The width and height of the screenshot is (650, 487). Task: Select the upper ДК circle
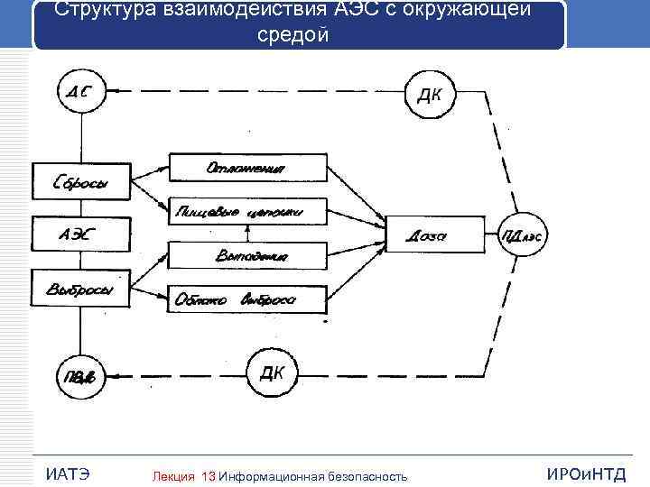(431, 94)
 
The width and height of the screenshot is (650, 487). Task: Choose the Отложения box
(247, 168)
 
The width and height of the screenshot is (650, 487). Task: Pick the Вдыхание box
(247, 256)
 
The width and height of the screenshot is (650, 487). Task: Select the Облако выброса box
(247, 299)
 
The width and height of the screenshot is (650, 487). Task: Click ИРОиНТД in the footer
(587, 474)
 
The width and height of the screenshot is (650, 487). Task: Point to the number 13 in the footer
(209, 475)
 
